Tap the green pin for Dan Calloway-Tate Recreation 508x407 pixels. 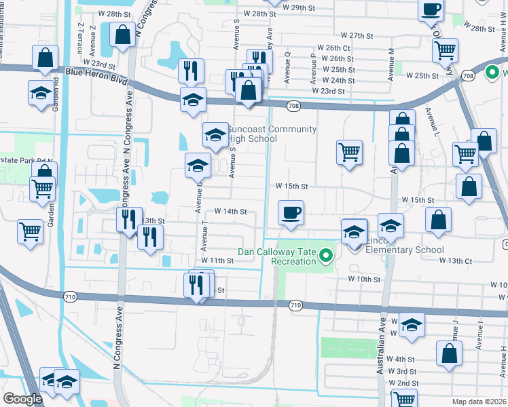(326, 256)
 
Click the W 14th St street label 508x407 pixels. (230, 212)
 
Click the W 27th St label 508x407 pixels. (358, 35)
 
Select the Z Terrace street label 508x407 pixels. (81, 39)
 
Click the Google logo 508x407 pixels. (22, 400)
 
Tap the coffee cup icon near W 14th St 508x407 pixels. (291, 213)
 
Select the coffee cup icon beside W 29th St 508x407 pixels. (431, 9)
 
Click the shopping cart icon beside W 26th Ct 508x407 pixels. (445, 49)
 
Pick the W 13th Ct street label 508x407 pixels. (455, 260)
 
